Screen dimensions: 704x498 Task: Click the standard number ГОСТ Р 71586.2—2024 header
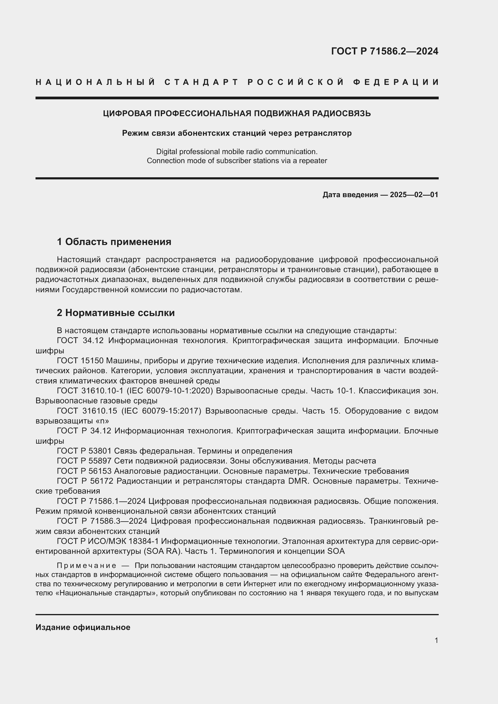(x=384, y=51)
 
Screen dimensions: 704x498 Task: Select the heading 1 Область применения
(x=114, y=242)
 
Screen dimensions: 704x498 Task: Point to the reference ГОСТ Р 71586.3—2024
(x=102, y=521)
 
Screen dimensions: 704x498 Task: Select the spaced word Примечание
(x=86, y=566)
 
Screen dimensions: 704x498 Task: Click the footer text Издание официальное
(x=83, y=627)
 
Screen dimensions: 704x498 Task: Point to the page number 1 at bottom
(x=436, y=640)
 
